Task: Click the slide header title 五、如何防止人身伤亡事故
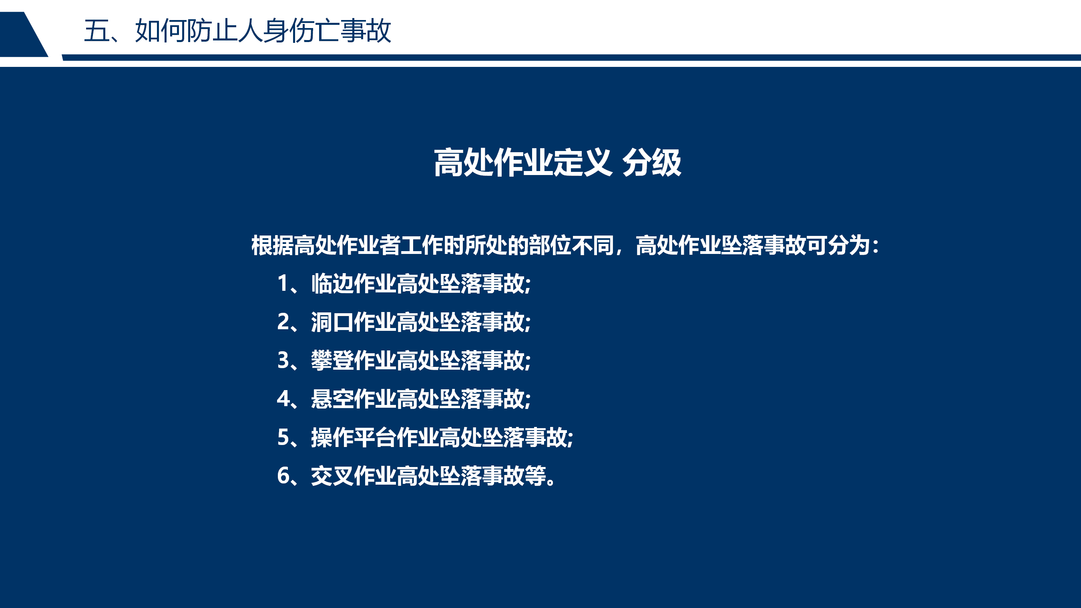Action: (237, 31)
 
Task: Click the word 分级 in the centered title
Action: (652, 163)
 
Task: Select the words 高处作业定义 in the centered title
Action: (523, 163)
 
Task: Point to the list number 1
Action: (283, 283)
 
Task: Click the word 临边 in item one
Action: (332, 284)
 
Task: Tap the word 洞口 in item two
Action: (332, 322)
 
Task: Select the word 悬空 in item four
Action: (332, 399)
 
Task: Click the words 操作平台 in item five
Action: (354, 437)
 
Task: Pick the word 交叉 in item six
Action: (332, 476)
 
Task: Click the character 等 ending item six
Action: (535, 476)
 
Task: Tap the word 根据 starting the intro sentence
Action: (272, 245)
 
